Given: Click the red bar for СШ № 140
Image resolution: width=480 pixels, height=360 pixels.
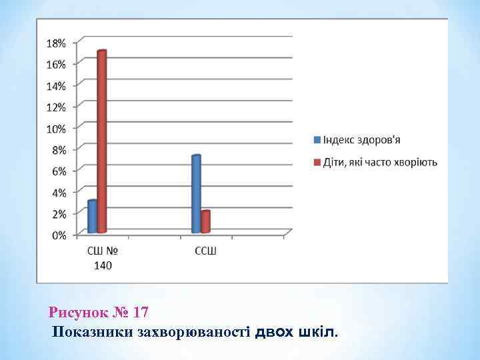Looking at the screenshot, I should (x=102, y=141).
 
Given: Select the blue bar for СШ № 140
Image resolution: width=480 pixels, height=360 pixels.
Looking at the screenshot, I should (x=92, y=217).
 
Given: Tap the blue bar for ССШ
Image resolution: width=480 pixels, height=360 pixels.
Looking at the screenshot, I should (x=196, y=194).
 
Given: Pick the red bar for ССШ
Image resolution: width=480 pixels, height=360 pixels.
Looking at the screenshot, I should (x=206, y=222).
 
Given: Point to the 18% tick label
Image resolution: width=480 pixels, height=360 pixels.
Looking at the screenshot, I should (x=56, y=43).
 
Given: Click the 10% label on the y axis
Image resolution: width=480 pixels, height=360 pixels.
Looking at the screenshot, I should (x=56, y=128).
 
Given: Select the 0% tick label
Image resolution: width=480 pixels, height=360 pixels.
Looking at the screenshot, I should (x=59, y=235).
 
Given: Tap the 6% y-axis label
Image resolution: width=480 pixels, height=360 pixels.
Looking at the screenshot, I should (x=59, y=171).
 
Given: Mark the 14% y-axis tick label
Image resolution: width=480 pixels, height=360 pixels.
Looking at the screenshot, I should (x=56, y=85).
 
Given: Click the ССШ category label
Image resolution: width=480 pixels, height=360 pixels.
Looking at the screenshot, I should (x=205, y=251).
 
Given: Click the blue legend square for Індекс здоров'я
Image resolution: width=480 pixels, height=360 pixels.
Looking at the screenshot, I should (x=317, y=140).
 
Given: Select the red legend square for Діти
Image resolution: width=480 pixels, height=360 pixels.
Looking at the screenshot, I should (x=317, y=162).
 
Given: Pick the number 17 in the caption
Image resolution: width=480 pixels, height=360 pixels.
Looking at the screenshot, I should (x=140, y=312).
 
